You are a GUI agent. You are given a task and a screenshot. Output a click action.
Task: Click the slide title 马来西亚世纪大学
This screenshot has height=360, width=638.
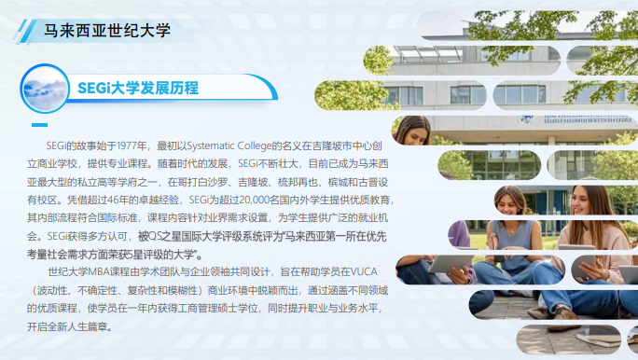108,29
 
